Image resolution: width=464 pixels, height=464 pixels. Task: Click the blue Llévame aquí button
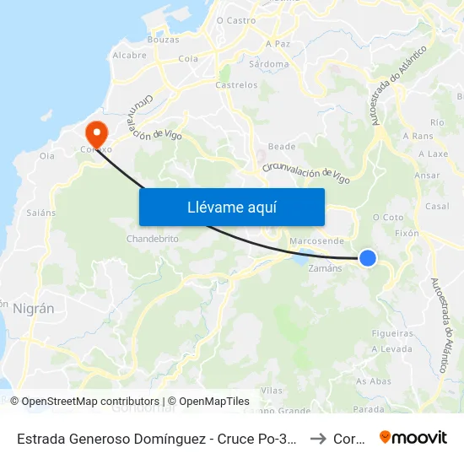tap(231, 207)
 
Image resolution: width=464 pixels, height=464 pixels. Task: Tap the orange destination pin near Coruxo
tap(96, 132)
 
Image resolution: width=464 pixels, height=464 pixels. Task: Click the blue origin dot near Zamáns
tap(368, 258)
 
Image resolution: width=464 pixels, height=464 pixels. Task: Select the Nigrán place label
tap(33, 309)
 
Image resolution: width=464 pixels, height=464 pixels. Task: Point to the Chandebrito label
tap(153, 239)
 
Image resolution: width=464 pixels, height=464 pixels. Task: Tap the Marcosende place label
tap(316, 240)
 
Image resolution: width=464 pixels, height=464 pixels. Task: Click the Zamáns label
tap(326, 268)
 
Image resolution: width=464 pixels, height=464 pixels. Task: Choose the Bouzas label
tap(163, 40)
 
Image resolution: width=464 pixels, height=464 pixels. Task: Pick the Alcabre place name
tap(129, 55)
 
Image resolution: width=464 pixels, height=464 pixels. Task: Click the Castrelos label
tap(236, 85)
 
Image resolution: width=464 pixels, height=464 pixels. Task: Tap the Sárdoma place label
tap(270, 63)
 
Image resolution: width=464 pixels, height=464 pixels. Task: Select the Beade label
tap(282, 146)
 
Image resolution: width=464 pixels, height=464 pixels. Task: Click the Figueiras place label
tap(393, 333)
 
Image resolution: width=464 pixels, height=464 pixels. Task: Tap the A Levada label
tap(391, 349)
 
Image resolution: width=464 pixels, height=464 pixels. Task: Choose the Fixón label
tap(407, 233)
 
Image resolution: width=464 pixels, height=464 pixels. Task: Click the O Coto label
tap(388, 217)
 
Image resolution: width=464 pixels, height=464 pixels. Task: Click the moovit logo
tap(413, 437)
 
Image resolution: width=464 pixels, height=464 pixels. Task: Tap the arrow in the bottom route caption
tap(317, 439)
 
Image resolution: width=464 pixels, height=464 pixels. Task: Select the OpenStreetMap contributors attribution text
tap(90, 402)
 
